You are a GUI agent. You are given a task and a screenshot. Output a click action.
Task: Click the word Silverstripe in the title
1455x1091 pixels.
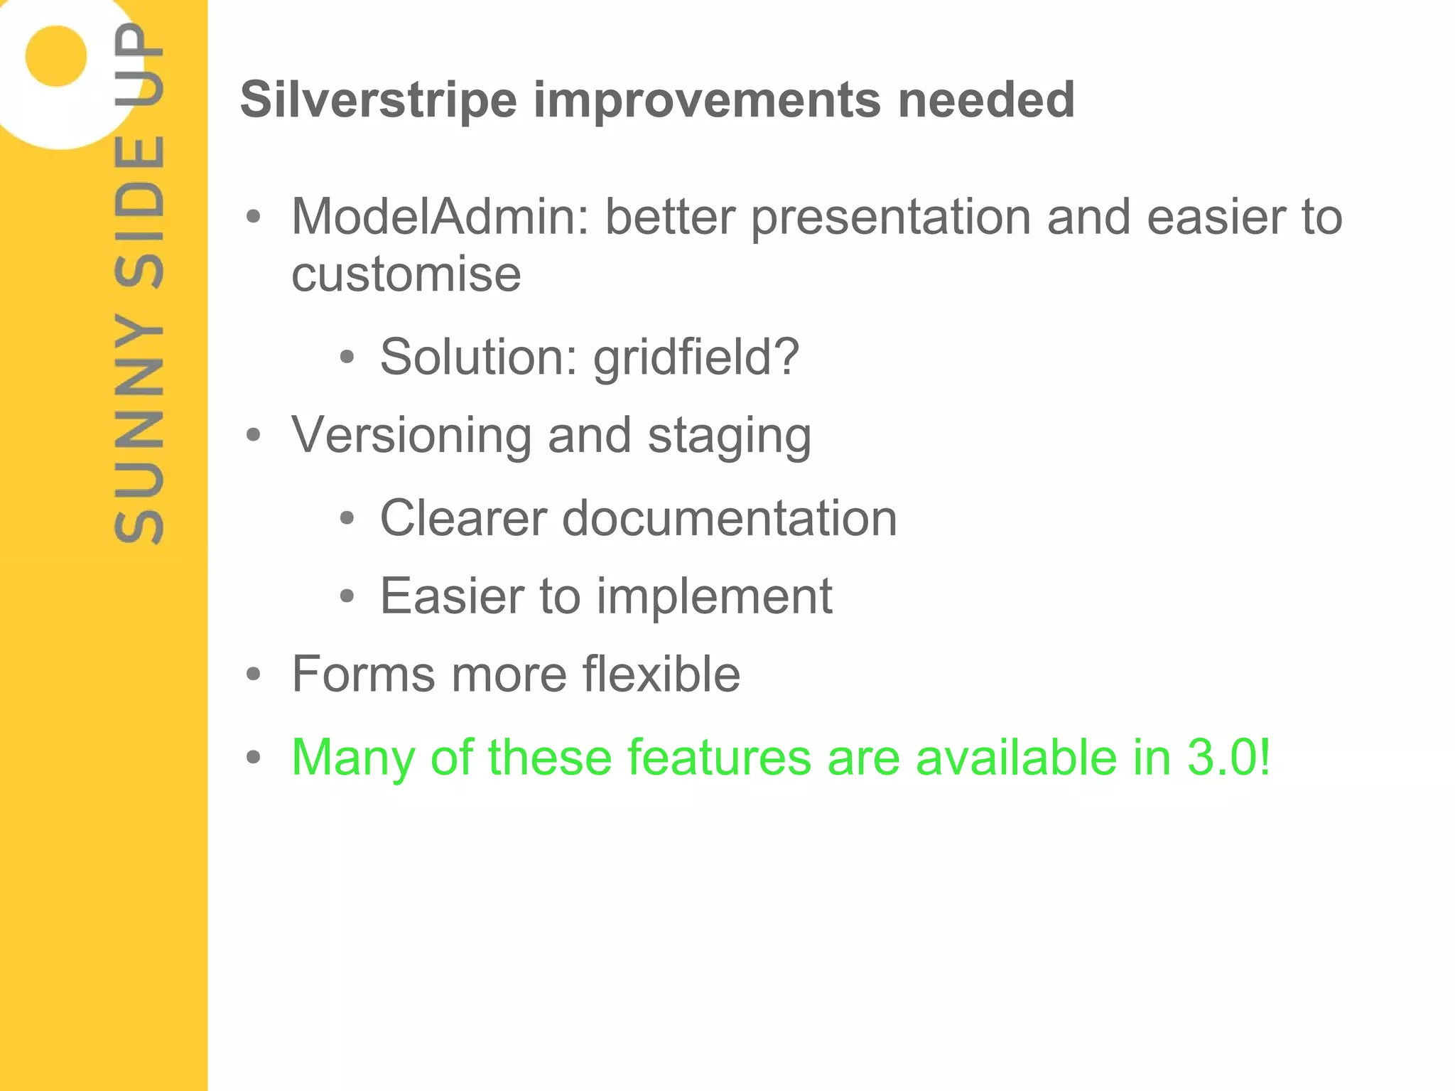click(379, 100)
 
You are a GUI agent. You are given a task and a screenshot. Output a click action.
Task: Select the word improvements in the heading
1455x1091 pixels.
click(708, 100)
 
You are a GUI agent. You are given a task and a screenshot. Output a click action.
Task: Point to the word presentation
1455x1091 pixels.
click(891, 217)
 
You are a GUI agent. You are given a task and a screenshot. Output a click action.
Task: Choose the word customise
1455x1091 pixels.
click(406, 274)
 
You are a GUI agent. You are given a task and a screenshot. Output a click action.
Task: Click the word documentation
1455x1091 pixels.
click(730, 518)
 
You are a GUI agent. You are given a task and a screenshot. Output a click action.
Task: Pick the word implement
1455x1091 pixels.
click(714, 597)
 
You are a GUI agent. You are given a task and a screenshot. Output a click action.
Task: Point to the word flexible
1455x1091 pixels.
click(661, 674)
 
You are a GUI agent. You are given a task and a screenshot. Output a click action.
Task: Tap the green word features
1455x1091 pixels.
click(720, 758)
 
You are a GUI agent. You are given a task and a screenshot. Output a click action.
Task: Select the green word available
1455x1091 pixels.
click(1016, 758)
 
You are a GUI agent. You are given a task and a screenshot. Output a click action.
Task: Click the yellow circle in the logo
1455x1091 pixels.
click(56, 56)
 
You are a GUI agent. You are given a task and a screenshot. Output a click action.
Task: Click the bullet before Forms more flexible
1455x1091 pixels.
click(254, 675)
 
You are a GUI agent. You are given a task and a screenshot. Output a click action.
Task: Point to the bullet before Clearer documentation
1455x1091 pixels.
click(347, 519)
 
